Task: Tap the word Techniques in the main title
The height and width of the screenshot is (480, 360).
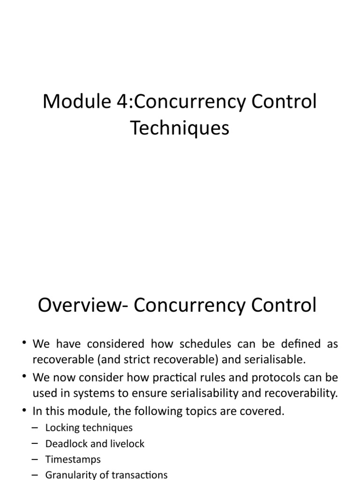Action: pyautogui.click(x=180, y=127)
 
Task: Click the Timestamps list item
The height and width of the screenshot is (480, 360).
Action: pyautogui.click(x=73, y=459)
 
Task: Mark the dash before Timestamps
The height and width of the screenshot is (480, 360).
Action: pyautogui.click(x=35, y=459)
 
